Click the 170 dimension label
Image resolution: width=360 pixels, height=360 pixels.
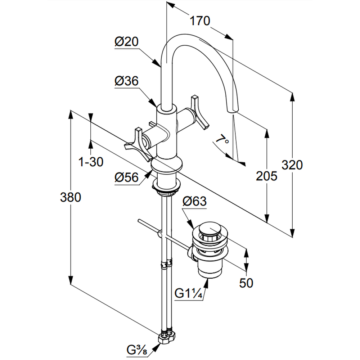(x=200, y=21)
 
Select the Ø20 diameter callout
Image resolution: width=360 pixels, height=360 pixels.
(x=126, y=42)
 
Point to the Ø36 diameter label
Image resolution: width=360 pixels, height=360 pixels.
(x=126, y=82)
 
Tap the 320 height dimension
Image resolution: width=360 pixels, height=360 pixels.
(x=292, y=165)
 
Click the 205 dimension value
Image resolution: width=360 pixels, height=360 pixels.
(x=267, y=176)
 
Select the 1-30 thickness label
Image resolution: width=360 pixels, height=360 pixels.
(x=91, y=162)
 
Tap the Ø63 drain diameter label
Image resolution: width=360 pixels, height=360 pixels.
(x=194, y=201)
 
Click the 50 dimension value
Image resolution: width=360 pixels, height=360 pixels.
(x=246, y=283)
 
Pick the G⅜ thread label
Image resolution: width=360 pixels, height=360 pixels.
(x=136, y=349)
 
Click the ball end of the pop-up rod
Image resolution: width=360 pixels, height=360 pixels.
(x=160, y=235)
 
